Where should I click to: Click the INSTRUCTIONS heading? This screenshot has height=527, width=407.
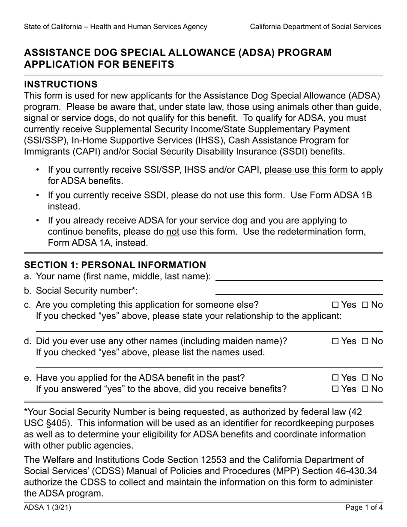61,84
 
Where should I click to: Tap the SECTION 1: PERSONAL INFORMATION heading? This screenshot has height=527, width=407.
115,265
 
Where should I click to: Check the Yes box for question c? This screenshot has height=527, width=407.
335,305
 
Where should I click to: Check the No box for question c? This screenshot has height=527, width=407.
365,305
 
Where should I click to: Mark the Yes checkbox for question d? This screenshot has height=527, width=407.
335,341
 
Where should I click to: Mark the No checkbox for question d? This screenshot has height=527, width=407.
365,341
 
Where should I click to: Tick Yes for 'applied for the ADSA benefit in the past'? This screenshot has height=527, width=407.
335,378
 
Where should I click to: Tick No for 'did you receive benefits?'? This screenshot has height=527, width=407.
365,389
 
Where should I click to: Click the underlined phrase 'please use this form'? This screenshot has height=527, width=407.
306,170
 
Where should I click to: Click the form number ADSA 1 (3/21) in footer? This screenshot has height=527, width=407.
48,508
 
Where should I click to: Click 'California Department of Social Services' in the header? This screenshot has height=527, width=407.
315,27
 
